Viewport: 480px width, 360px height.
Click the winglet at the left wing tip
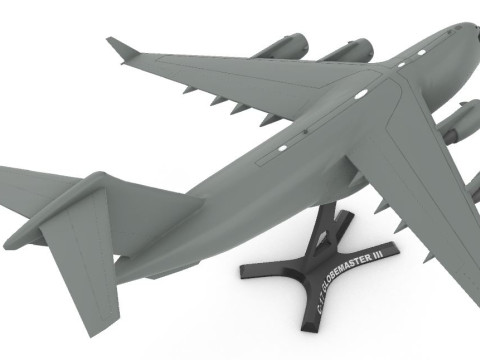(x=123, y=48)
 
